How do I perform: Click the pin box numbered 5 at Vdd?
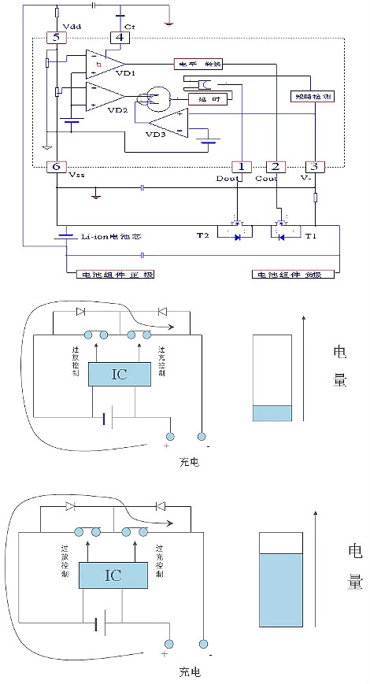pyautogui.click(x=54, y=37)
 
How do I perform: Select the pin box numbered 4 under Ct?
pyautogui.click(x=119, y=37)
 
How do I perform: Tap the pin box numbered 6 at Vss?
pyautogui.click(x=54, y=167)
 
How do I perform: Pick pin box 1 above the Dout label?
pyautogui.click(x=240, y=167)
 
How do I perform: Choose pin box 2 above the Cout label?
pyautogui.click(x=275, y=167)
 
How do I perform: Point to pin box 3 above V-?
pyautogui.click(x=314, y=167)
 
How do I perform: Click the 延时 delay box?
pyautogui.click(x=202, y=98)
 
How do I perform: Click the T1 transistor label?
pyautogui.click(x=311, y=235)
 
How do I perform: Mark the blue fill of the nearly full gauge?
pyautogui.click(x=280, y=589)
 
